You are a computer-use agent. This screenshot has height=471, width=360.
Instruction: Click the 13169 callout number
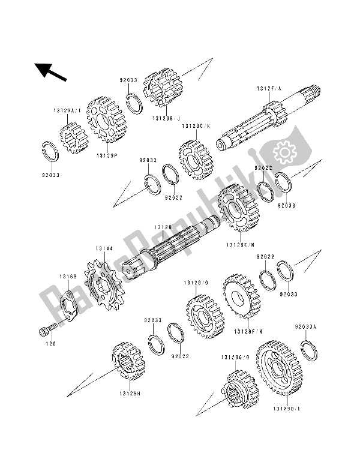tap(67, 277)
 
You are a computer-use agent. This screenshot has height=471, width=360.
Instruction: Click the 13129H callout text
tap(129, 394)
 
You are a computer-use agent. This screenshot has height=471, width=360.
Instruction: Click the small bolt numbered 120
tap(47, 330)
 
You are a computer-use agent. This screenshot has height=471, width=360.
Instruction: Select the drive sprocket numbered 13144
tap(103, 291)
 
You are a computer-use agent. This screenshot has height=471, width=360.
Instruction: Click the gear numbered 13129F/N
tap(241, 297)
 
